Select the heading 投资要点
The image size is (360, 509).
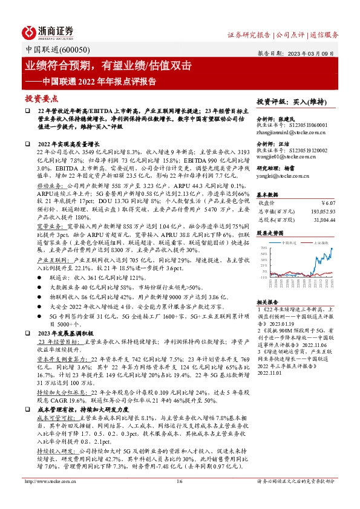42,99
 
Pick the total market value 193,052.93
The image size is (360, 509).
332,211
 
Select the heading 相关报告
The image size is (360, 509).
267,301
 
